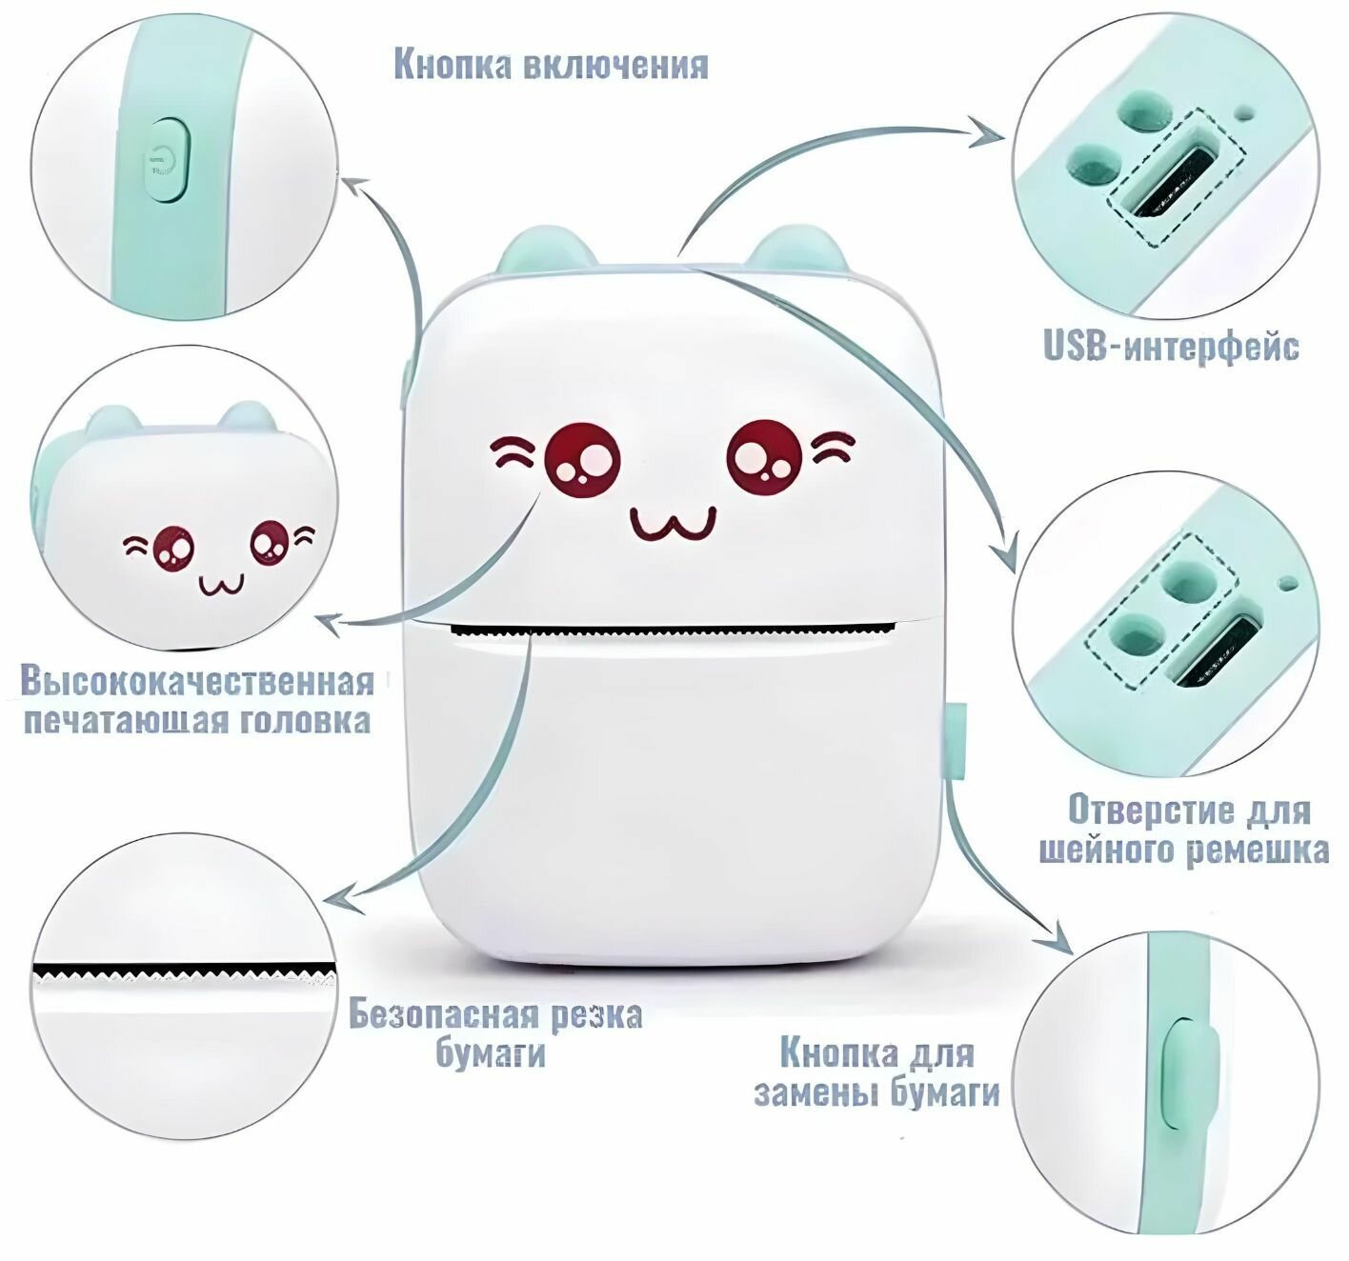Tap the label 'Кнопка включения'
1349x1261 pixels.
551,66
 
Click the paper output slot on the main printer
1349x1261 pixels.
674,630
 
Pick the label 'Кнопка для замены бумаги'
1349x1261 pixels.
876,1072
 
